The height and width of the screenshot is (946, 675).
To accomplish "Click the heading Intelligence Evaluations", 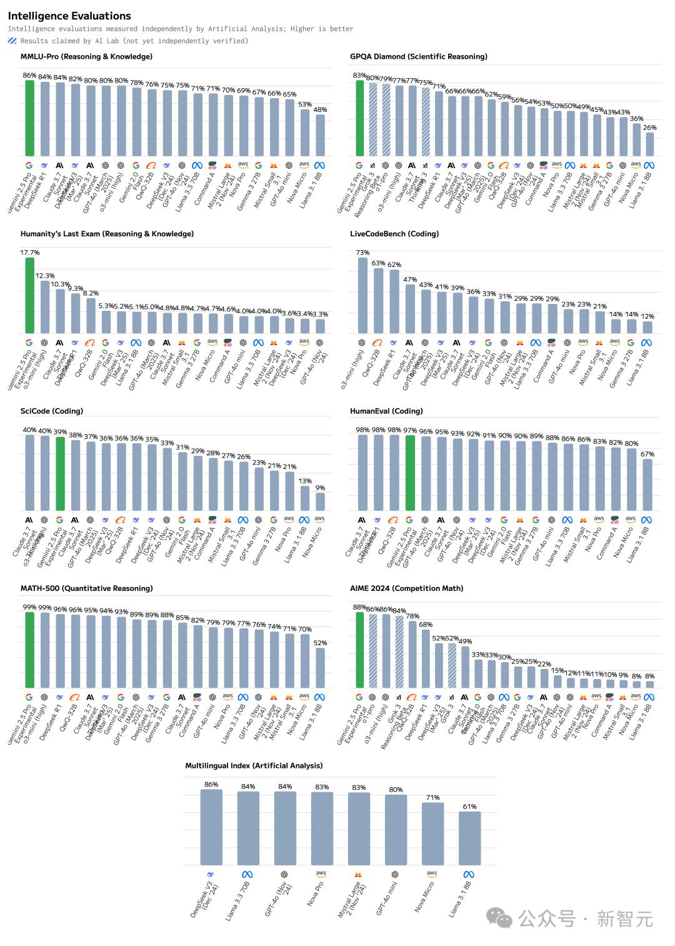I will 69,16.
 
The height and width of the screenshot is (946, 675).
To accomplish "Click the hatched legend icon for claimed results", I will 12,41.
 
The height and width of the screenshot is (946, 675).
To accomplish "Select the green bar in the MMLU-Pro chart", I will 29,118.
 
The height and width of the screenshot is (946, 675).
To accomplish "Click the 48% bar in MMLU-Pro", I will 319,135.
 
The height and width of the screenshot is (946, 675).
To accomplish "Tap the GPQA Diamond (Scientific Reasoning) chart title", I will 418,56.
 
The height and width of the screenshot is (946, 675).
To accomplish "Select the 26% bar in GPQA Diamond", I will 649,144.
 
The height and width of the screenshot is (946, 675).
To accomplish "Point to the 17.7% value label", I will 29,253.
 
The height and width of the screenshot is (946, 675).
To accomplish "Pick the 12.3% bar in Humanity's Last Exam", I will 45,307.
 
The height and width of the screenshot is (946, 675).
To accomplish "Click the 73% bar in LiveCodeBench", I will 362,295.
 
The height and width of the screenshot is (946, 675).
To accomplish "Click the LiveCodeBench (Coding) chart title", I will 394,234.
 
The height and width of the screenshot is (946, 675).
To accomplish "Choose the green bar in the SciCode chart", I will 60,474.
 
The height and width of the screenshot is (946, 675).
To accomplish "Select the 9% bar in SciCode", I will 319,501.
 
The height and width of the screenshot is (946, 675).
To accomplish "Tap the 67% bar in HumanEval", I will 647,485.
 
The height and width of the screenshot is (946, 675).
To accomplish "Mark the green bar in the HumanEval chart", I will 409,473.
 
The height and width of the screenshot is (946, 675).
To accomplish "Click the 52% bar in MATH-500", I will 319,668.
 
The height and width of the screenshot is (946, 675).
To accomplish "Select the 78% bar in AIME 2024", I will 412,654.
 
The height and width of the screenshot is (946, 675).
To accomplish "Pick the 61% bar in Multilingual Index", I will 469,838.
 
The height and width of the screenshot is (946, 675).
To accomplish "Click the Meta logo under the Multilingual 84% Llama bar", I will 247,874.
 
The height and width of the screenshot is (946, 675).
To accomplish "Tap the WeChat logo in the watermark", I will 499,918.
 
